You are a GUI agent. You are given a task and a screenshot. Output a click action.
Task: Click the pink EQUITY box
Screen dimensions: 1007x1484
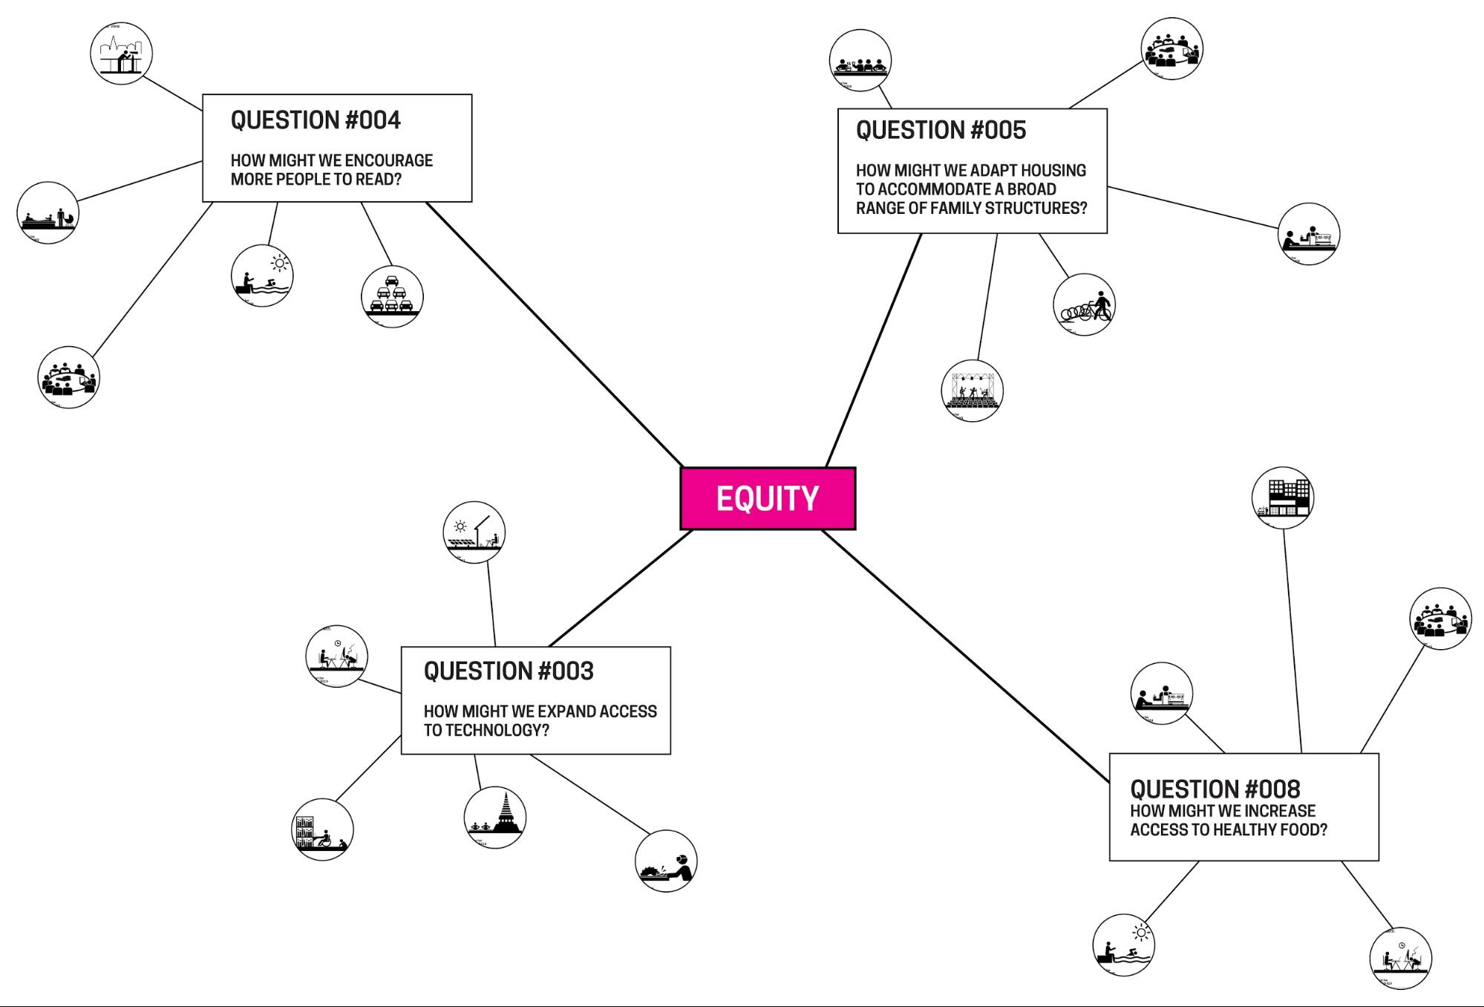(x=768, y=498)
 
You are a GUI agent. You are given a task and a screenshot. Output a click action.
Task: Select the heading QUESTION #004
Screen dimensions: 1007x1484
(x=316, y=120)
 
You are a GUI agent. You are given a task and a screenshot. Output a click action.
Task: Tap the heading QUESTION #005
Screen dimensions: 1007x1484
(x=941, y=131)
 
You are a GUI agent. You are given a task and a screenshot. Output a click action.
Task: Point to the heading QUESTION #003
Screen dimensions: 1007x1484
(x=509, y=671)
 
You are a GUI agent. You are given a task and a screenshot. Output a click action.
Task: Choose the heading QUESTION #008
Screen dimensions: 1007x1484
(x=1215, y=789)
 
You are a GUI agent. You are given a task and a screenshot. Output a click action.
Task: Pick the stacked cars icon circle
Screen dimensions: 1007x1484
(x=392, y=296)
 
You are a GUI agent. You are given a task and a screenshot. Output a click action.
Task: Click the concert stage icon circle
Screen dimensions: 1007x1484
(x=972, y=391)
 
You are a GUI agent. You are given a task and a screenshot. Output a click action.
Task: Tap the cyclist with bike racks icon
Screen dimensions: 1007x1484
(x=1084, y=304)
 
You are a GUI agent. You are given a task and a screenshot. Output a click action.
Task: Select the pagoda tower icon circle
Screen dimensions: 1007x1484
(x=495, y=817)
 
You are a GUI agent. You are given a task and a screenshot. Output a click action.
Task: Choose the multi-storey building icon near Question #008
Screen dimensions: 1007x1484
(x=1282, y=498)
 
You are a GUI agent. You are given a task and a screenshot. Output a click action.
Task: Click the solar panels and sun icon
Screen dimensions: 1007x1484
(x=474, y=532)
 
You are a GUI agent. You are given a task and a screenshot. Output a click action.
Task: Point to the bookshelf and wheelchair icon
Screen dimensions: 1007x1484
(x=322, y=830)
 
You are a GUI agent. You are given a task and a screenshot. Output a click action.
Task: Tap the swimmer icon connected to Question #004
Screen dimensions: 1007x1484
(x=262, y=276)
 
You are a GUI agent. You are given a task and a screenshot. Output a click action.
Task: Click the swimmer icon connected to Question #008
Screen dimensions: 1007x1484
(x=1123, y=945)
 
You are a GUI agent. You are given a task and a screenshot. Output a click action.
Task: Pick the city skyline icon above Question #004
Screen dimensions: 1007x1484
(x=121, y=53)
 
